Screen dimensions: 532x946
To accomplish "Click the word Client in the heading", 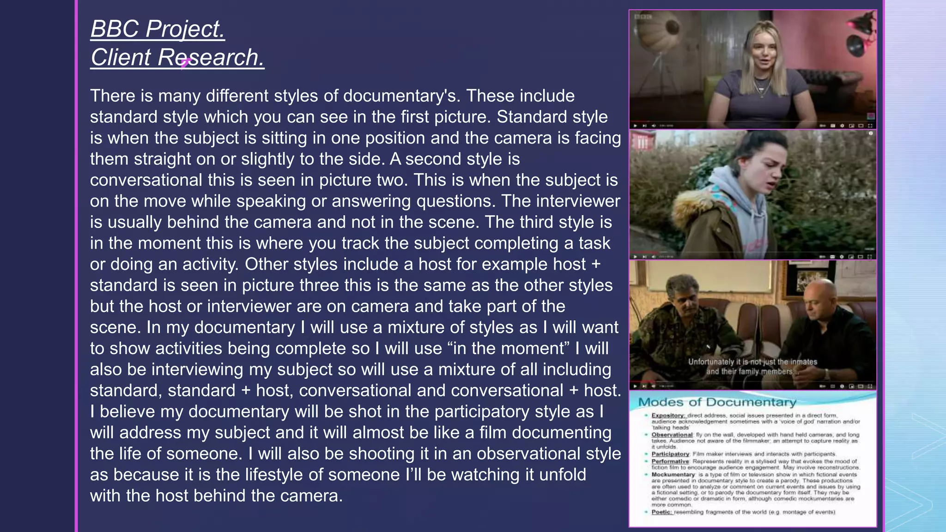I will pyautogui.click(x=121, y=58).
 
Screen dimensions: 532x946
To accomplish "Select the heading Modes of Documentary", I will pyautogui.click(x=717, y=402).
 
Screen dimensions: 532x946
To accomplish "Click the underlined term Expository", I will pyautogui.click(x=667, y=415).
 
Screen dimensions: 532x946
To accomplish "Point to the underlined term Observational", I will pyautogui.click(x=672, y=435).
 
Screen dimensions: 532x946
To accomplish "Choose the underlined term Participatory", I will pyautogui.click(x=670, y=454).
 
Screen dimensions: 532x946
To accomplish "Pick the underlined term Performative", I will pyautogui.click(x=670, y=461).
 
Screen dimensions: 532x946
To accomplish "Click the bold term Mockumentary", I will pyautogui.click(x=673, y=474).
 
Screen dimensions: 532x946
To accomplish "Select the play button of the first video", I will pyautogui.click(x=636, y=126).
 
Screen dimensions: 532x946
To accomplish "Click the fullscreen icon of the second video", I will pyautogui.click(x=870, y=256).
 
